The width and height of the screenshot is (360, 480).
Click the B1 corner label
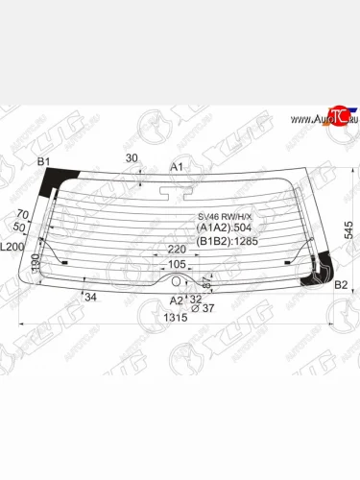[43, 162]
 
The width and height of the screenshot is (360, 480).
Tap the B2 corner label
[340, 284]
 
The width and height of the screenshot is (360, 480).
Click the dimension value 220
[176, 251]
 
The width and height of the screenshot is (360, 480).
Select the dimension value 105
[176, 264]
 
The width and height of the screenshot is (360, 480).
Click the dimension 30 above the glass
[132, 157]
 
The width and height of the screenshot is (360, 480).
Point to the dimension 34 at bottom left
[90, 297]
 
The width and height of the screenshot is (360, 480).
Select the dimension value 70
[21, 216]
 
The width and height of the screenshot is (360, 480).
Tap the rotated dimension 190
[35, 262]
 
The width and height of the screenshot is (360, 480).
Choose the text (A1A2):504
[226, 228]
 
